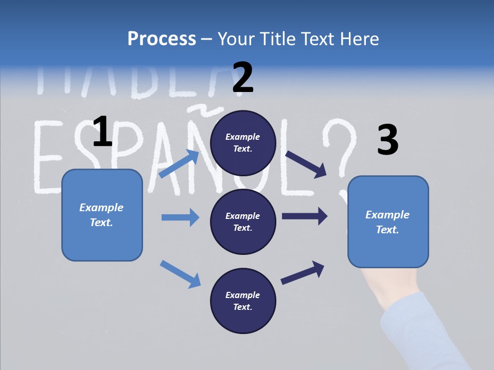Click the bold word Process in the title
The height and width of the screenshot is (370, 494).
(162, 39)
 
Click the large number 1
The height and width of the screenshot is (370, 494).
(102, 132)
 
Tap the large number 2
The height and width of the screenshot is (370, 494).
(243, 78)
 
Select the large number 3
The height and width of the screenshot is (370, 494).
(387, 140)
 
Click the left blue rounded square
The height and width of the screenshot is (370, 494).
(102, 215)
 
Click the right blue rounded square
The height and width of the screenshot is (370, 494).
(388, 222)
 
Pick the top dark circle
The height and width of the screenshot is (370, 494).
(243, 143)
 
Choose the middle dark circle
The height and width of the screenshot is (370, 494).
(243, 221)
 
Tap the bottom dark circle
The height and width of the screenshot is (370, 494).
(243, 301)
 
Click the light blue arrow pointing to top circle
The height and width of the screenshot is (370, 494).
(179, 164)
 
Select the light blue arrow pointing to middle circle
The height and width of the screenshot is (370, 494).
(180, 217)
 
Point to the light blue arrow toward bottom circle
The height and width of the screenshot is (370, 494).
(180, 274)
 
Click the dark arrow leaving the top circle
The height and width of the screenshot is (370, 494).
(306, 164)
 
